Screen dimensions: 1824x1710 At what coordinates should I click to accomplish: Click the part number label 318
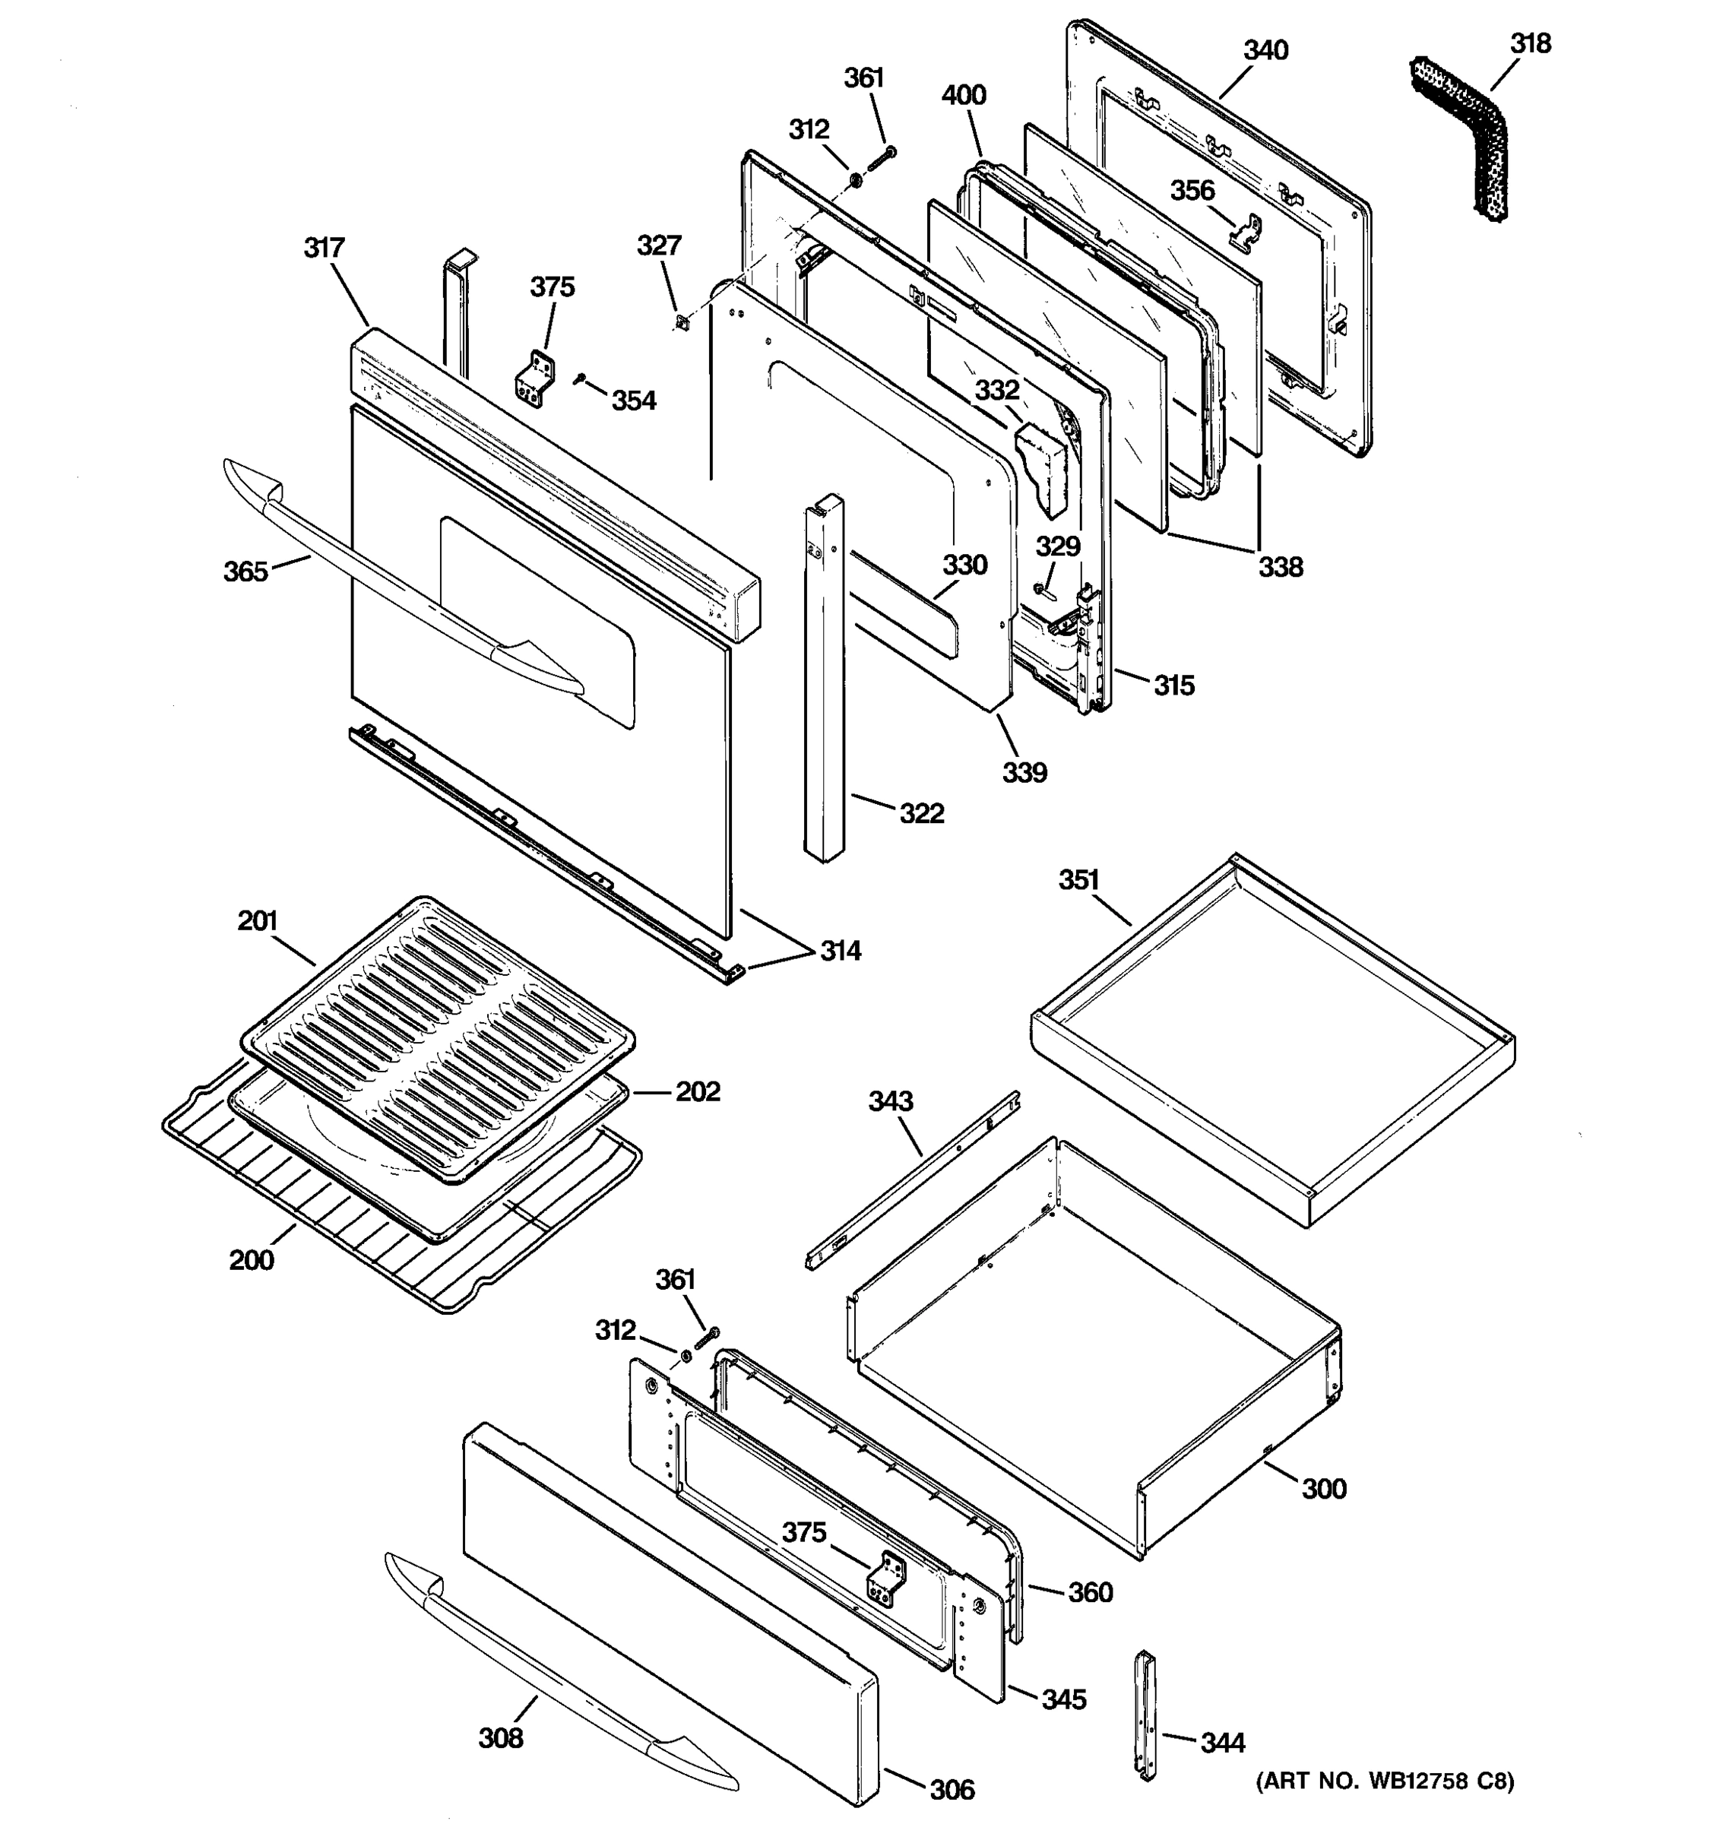(1530, 44)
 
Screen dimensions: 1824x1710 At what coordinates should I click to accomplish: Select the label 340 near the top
(1265, 50)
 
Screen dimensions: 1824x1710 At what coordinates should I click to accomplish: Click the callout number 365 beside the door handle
(245, 572)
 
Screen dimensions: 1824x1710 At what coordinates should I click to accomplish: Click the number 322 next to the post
(921, 814)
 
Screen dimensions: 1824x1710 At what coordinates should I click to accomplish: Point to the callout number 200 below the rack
(252, 1260)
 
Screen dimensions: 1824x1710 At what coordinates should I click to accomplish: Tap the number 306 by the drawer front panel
(952, 1789)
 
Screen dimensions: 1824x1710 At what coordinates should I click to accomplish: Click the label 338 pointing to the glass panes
(1280, 567)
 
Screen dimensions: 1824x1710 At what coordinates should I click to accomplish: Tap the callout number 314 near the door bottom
(841, 952)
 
